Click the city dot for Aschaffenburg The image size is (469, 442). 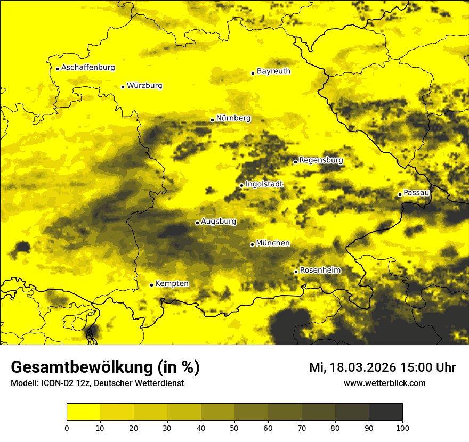coord(58,69)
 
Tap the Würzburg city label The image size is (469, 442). coord(144,86)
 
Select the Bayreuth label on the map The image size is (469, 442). coord(273,71)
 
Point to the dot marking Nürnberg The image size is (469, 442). coord(212,120)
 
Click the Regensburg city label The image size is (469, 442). coord(321,160)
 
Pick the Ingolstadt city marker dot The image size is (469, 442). coord(241,186)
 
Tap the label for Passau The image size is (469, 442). coord(416,193)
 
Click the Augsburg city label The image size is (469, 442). coord(219,222)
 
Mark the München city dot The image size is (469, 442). coord(252,244)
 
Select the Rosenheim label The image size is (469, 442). coord(320,271)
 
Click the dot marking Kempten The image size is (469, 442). coord(151,285)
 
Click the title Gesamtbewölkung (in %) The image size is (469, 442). coord(105,367)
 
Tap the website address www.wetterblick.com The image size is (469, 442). coord(384,383)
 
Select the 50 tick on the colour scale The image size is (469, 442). coord(234,428)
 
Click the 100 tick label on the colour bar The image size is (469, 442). coord(402,428)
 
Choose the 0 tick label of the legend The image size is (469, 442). coord(67,428)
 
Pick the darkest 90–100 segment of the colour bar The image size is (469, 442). coord(385,412)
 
